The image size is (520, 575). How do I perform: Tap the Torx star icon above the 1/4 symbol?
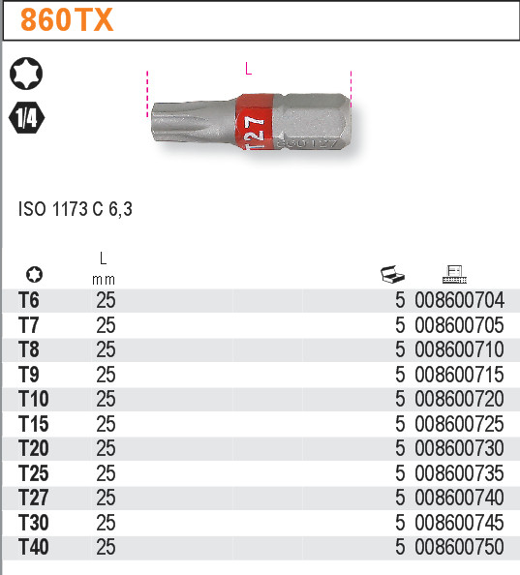tap(26, 73)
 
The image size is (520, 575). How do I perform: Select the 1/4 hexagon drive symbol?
tap(26, 118)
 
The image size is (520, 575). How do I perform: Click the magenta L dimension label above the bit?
tap(249, 69)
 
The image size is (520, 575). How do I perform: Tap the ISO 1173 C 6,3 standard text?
tap(76, 208)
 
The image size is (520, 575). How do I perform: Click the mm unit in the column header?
tap(104, 279)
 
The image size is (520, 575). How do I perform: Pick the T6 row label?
tap(29, 300)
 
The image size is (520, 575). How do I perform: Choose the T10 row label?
tap(33, 399)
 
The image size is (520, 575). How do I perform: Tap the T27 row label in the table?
tap(33, 498)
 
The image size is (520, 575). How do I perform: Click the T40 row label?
tap(33, 547)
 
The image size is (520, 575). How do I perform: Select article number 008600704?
tap(459, 300)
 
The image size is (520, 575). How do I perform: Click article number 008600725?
tap(459, 424)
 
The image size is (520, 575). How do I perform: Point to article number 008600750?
tap(459, 547)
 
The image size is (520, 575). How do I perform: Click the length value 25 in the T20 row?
tap(106, 448)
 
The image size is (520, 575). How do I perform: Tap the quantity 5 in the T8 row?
tap(399, 349)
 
